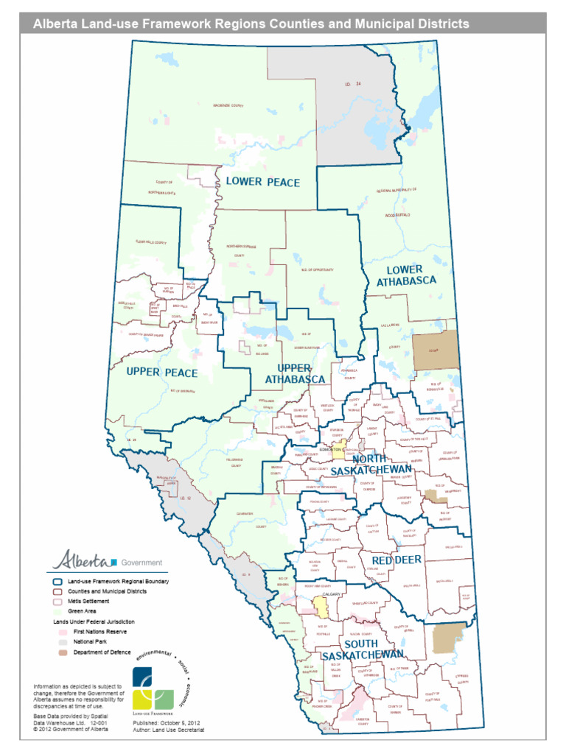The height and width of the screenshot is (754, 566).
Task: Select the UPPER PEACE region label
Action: tap(162, 373)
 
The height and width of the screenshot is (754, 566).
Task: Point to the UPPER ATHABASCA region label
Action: tap(295, 373)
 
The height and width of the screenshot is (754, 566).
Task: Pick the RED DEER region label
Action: tap(396, 560)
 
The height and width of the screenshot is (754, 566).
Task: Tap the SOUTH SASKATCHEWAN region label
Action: tap(362, 649)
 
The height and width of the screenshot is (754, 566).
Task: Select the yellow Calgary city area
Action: tap(321, 607)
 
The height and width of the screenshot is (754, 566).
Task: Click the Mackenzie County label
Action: tap(228, 105)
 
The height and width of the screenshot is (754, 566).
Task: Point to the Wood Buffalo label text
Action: tap(396, 215)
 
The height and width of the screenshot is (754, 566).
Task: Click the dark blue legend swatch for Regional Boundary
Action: tap(56, 582)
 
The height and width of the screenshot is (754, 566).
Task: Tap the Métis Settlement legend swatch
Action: tap(56, 601)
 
